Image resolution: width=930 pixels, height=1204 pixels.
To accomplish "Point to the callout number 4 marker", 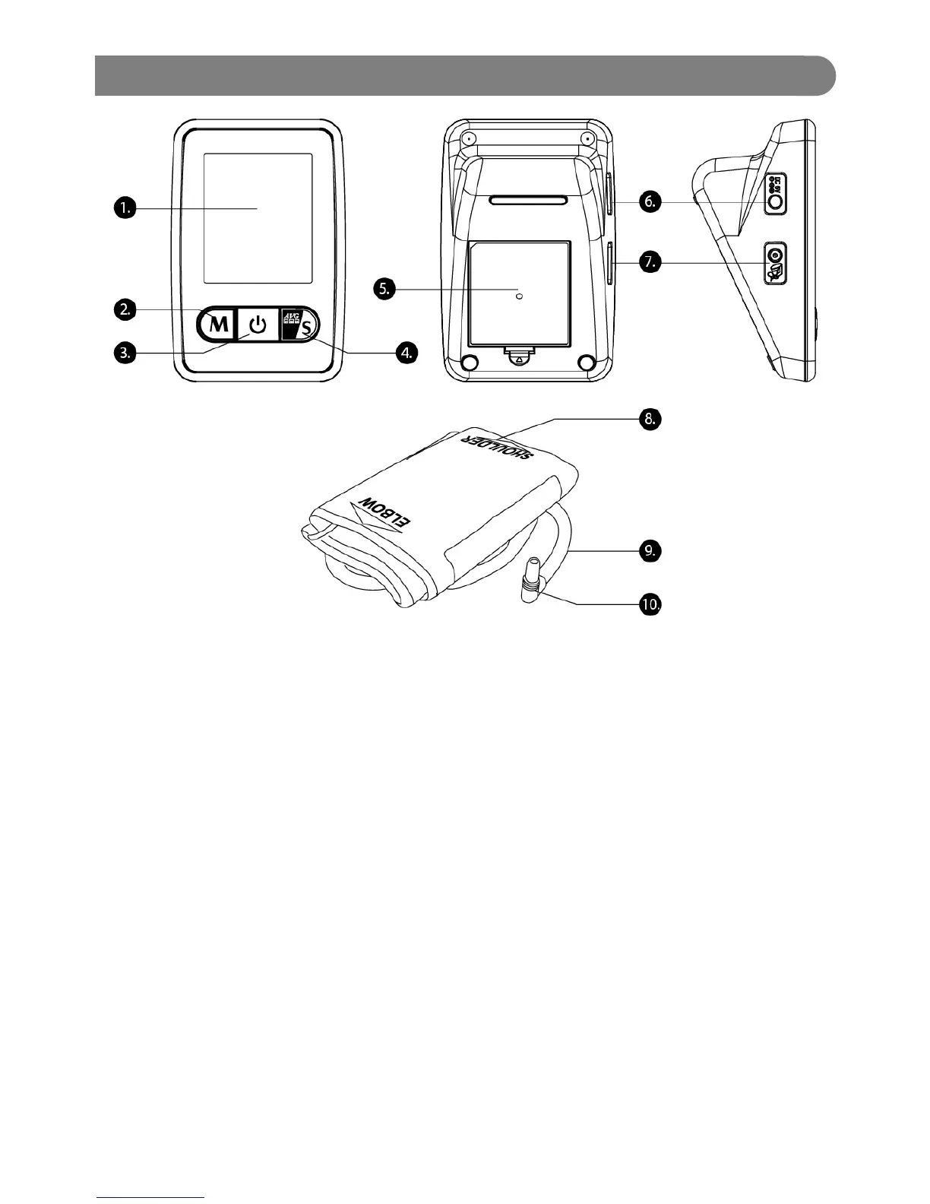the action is [x=407, y=352].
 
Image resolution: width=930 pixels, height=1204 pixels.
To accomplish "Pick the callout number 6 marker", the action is [x=650, y=201].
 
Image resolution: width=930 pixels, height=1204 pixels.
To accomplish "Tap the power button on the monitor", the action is [x=259, y=326].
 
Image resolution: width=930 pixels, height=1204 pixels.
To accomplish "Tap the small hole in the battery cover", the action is [x=519, y=298].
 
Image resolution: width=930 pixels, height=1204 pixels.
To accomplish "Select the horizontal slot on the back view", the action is [x=528, y=201].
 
